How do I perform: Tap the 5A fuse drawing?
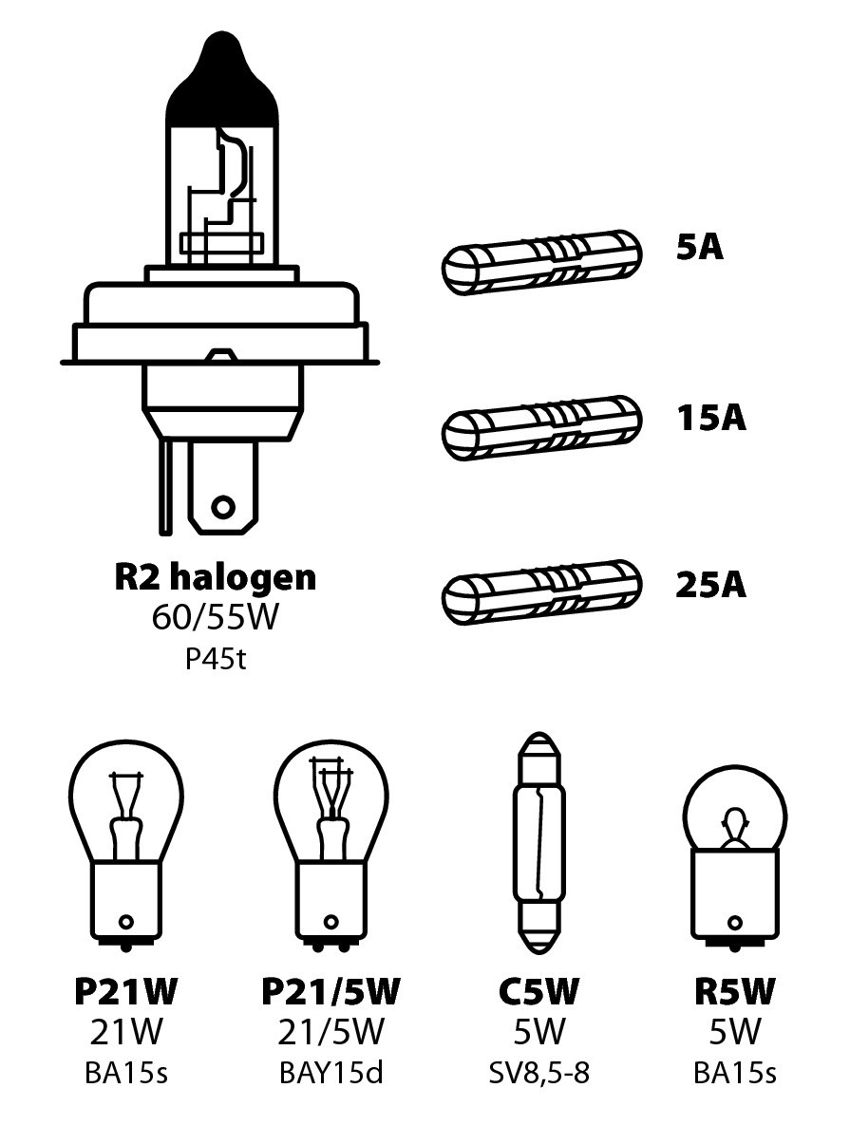click(542, 263)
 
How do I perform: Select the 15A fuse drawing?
click(542, 428)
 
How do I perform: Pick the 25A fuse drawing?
click(542, 592)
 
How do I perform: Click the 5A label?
click(699, 248)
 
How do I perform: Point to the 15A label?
click(710, 418)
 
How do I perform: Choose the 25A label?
click(710, 586)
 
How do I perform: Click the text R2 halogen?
click(216, 578)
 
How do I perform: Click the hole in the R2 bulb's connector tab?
click(223, 507)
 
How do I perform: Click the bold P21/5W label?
click(331, 991)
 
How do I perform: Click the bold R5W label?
click(734, 991)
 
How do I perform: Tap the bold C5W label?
click(538, 991)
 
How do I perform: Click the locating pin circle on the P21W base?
click(126, 922)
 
